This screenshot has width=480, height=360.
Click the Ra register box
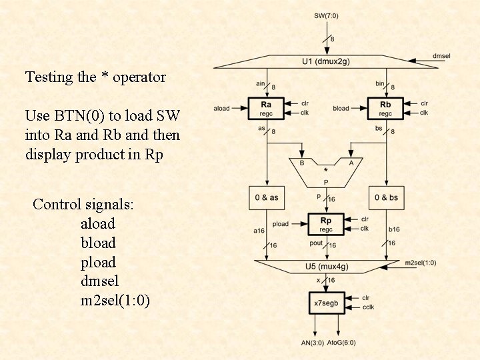[266, 108]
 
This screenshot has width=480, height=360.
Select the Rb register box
[386, 108]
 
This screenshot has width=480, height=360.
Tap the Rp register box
[326, 224]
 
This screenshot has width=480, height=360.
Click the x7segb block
[326, 303]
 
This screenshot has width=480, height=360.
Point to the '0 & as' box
[266, 197]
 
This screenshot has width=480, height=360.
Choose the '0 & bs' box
[386, 197]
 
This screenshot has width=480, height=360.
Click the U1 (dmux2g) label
[326, 62]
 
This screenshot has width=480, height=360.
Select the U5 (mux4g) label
[326, 267]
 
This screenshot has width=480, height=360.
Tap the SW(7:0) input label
[326, 15]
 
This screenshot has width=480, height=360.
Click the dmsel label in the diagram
[441, 56]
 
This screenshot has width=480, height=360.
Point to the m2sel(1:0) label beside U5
[421, 263]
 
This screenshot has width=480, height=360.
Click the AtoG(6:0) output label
[341, 343]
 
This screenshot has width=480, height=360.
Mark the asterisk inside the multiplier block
[326, 170]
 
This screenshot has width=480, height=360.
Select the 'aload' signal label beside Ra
[221, 108]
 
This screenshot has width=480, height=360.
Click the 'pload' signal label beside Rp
[281, 224]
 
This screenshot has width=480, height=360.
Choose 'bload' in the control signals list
[98, 243]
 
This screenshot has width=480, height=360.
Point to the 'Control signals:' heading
[83, 204]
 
